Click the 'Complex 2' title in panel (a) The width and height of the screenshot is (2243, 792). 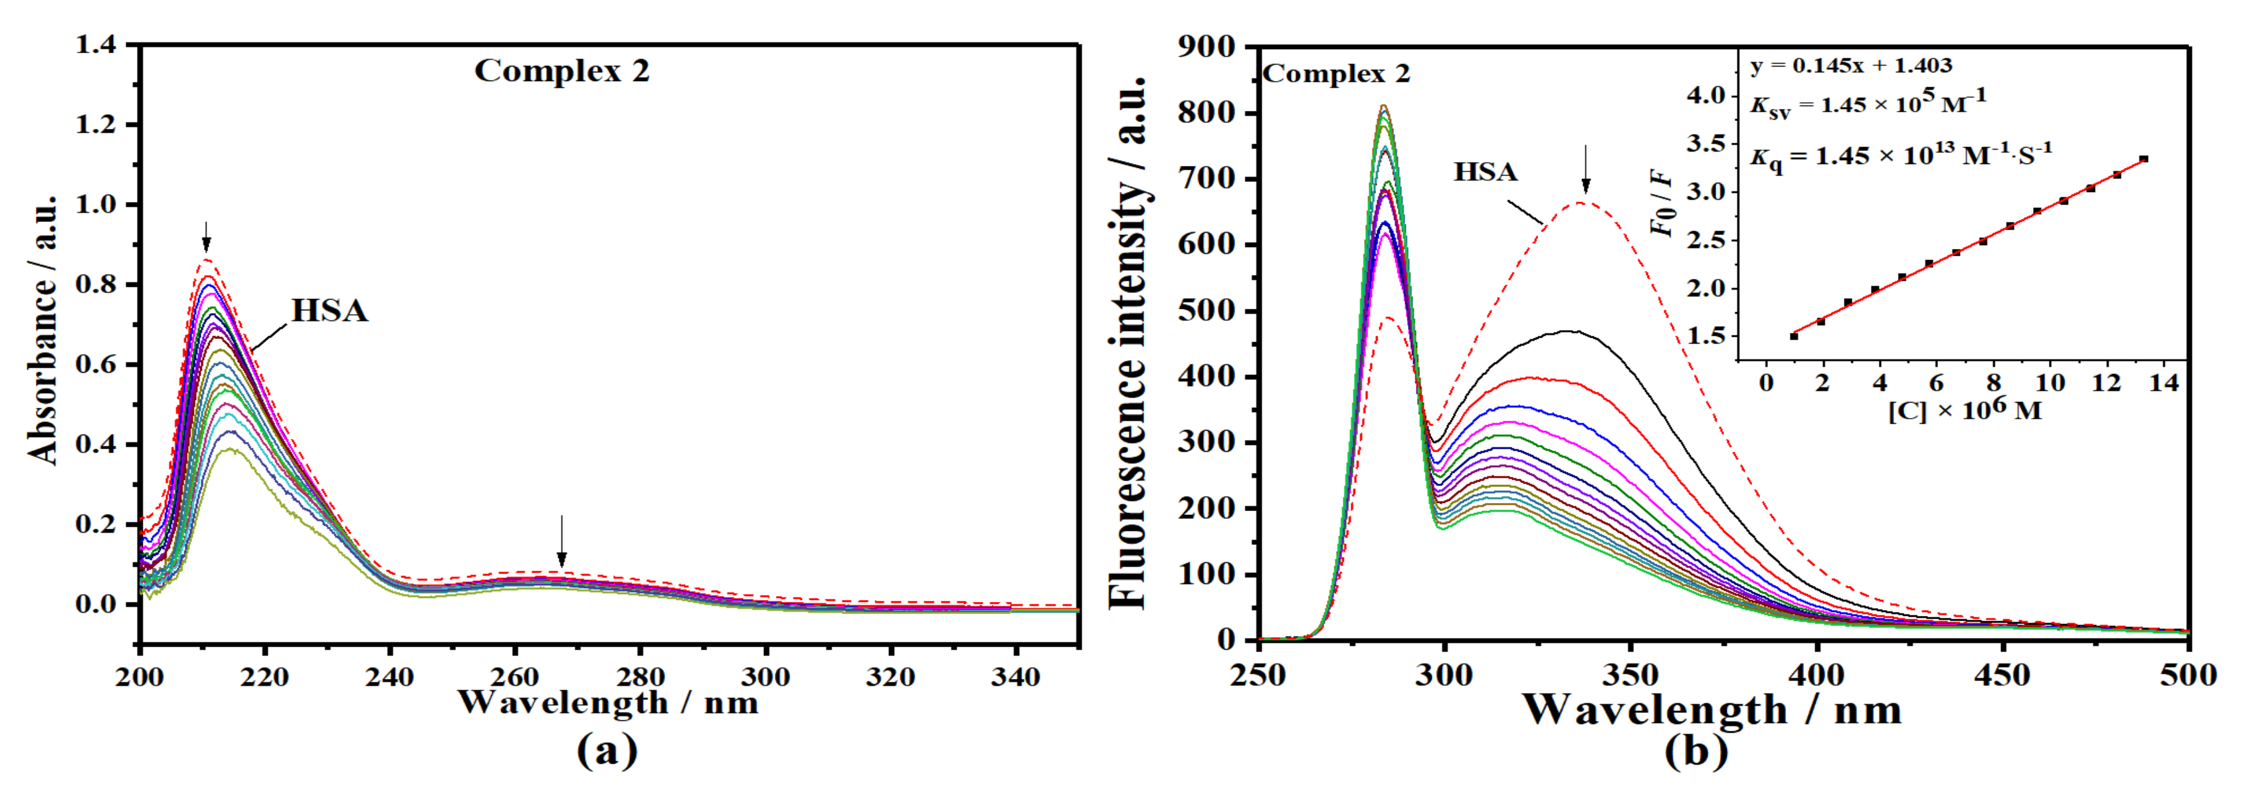point(561,71)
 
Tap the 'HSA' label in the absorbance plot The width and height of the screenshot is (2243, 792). point(329,311)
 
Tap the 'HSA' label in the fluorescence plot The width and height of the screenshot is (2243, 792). point(1486,171)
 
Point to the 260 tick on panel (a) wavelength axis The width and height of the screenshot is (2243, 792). point(515,676)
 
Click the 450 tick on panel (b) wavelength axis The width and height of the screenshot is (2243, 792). point(2002,674)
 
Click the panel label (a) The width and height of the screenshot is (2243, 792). point(607,750)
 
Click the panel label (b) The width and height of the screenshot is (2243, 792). point(1696,750)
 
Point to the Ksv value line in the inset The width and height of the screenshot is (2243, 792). point(1868,104)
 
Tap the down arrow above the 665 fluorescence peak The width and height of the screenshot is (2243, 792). point(1586,169)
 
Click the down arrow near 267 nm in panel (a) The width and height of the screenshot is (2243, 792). point(561,540)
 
